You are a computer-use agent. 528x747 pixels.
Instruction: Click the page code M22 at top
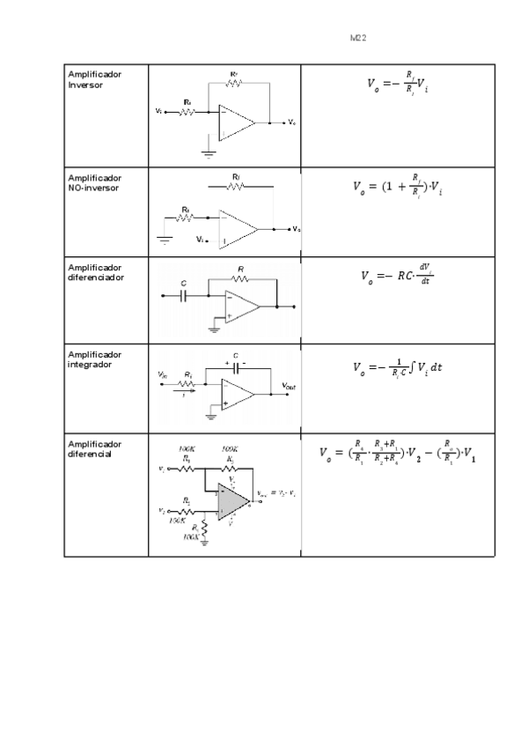point(357,39)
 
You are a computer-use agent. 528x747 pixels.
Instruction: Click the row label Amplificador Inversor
point(95,79)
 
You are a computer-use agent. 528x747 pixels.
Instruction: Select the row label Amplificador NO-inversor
point(95,182)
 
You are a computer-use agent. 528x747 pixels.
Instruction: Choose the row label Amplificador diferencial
point(95,448)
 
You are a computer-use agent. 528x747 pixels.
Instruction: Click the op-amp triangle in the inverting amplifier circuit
point(236,122)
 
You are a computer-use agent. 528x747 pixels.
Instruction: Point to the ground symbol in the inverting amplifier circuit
point(208,152)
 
